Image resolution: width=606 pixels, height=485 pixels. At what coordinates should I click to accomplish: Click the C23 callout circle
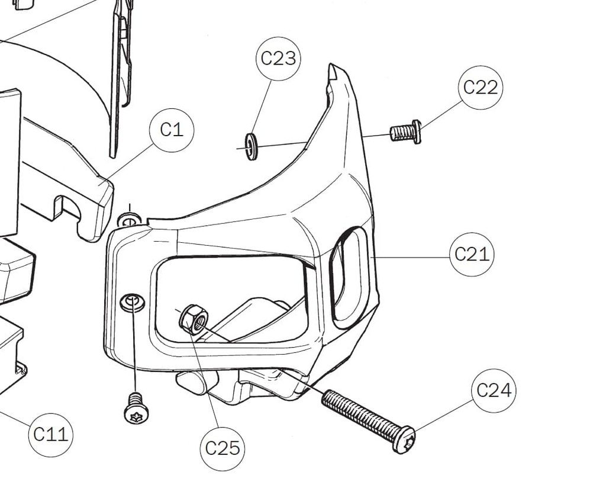coord(278,58)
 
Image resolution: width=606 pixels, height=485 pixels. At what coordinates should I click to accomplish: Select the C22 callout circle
coord(480,87)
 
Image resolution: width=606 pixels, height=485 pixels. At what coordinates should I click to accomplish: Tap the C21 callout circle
coord(472,254)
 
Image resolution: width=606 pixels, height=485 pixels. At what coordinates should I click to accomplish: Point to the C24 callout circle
coord(494,390)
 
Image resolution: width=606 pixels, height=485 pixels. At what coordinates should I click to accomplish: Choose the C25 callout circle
coord(223,448)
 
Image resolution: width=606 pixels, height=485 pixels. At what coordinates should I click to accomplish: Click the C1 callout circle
coord(172,130)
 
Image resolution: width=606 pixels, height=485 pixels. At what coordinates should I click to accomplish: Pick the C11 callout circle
coord(50,435)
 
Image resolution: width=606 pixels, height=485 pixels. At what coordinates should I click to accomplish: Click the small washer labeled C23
coord(252,147)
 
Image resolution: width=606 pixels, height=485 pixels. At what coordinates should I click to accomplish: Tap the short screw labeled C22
coord(405,132)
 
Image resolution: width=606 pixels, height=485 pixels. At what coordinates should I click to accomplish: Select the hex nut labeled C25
coord(193,319)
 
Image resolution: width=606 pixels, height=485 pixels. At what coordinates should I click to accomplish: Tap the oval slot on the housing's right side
coord(349,276)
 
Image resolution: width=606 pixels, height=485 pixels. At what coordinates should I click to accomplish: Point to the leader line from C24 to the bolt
coord(444,415)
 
